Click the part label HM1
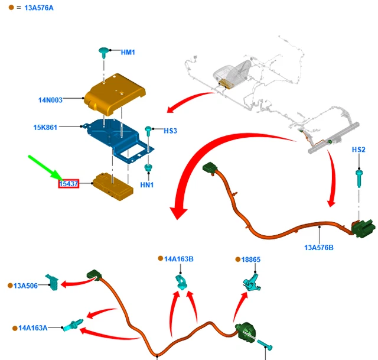128,53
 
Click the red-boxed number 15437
69,184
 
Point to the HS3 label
170,131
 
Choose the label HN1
146,185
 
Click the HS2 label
359,150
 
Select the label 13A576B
319,247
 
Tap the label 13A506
25,286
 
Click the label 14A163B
179,258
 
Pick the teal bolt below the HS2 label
359,178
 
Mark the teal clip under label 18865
251,281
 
